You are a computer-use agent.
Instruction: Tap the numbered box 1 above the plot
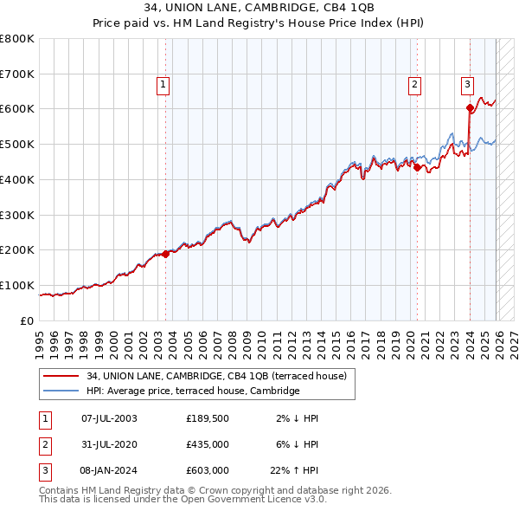(163, 84)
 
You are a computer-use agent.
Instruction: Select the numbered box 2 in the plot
(415, 84)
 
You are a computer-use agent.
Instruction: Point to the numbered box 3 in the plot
(467, 84)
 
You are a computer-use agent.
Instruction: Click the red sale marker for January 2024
(471, 108)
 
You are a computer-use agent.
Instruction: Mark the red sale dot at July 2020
(418, 167)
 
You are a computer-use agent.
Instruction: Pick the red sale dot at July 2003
(166, 254)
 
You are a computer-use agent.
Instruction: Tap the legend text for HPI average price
(192, 391)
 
